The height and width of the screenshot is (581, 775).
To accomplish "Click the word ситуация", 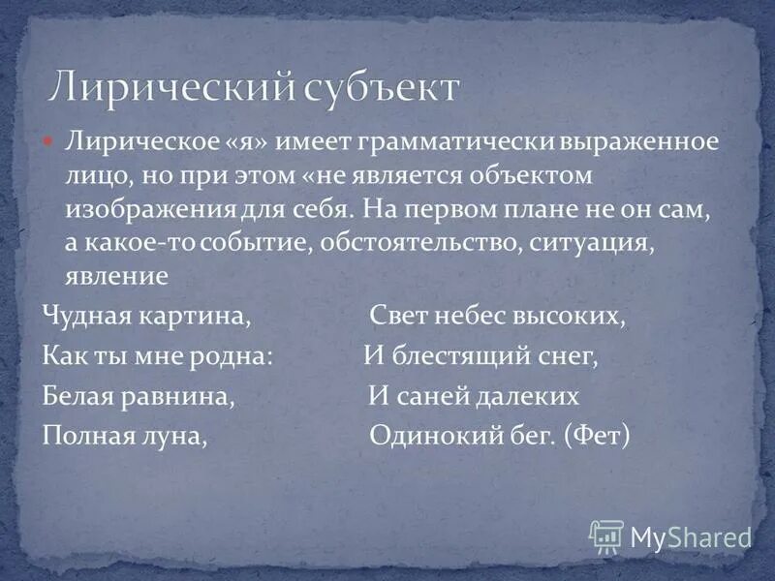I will pos(593,242).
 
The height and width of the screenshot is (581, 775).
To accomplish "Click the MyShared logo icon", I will pos(606,535).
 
